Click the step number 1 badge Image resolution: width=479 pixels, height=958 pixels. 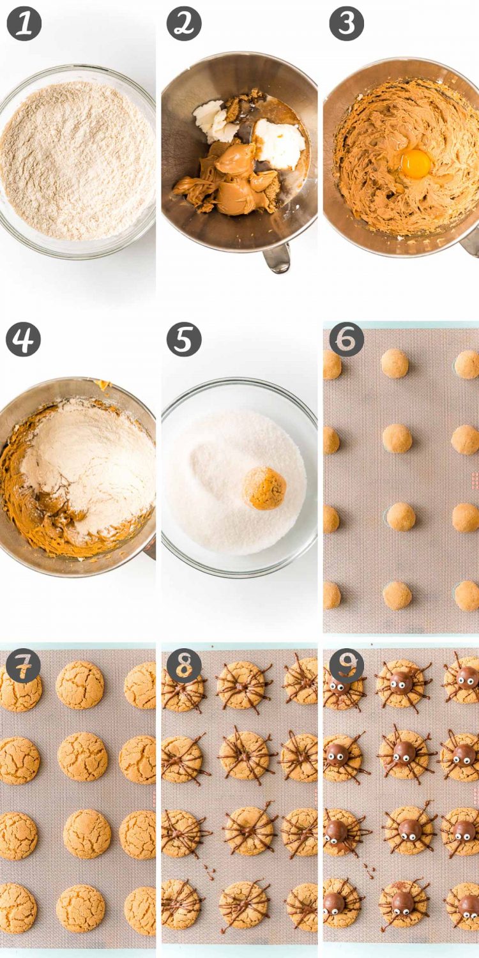point(24,24)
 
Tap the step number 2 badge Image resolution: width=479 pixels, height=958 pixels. point(184,24)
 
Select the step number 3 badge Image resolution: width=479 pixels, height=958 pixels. point(346,24)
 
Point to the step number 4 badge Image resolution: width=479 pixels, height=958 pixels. point(23,339)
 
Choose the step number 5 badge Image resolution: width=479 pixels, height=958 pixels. point(184,339)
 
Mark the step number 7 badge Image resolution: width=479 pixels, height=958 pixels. point(23,666)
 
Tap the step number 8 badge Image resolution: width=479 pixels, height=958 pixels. point(184,666)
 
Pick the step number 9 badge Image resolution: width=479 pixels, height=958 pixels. point(346,666)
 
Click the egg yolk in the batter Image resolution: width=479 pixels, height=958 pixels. point(416,163)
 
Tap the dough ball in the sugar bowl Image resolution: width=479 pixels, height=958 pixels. point(265,489)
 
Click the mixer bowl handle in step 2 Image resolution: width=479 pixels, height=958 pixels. point(277,258)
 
